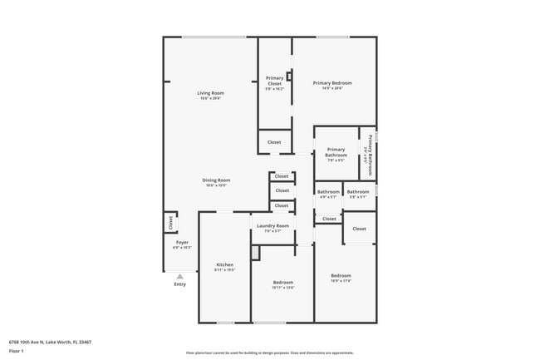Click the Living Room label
(x=210, y=92)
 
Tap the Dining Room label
(x=216, y=180)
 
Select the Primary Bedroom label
(x=332, y=82)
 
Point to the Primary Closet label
(x=274, y=81)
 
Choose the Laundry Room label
(x=272, y=225)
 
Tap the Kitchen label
(x=214, y=264)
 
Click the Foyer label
(x=181, y=242)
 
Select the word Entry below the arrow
(x=180, y=284)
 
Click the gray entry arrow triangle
(x=179, y=276)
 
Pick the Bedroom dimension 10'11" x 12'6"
(x=283, y=288)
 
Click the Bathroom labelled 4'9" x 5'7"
(x=327, y=197)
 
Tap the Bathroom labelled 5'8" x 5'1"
(x=358, y=197)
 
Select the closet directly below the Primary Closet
(x=274, y=142)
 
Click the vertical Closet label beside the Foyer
(x=170, y=222)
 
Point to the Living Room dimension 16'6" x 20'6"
(x=210, y=98)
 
